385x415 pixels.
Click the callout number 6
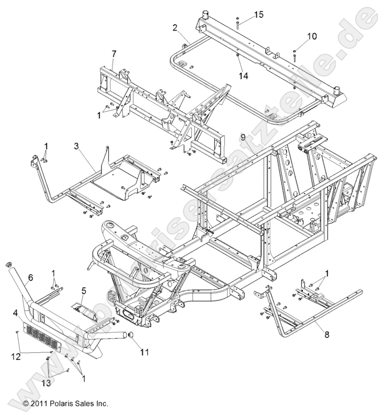click(30, 278)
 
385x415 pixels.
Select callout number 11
click(144, 352)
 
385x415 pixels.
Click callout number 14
click(242, 75)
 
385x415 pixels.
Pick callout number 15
click(259, 15)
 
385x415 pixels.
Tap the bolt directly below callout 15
click(239, 23)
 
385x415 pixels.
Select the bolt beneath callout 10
click(296, 54)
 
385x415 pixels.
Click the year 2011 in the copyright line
click(41, 403)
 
